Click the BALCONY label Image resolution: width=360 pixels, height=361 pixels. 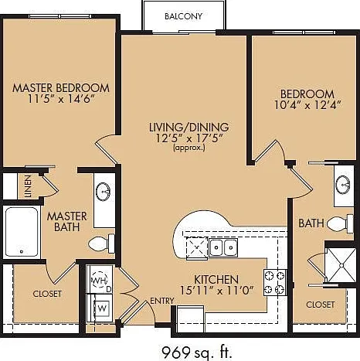click(183, 16)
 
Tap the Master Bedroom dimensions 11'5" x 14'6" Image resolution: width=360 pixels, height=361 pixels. click(61, 99)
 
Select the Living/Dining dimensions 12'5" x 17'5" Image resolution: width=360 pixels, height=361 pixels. click(189, 139)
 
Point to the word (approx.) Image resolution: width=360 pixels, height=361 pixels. click(189, 148)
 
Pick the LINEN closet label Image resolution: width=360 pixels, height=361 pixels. click(29, 186)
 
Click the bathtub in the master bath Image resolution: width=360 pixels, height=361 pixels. click(22, 232)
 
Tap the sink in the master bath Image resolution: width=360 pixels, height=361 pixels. click(104, 192)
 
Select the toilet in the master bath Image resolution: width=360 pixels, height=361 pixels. click(101, 244)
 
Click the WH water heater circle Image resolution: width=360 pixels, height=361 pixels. click(100, 281)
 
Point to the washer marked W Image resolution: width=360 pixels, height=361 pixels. click(102, 308)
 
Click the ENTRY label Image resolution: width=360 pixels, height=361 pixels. click(162, 301)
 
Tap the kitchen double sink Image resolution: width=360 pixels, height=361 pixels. click(223, 247)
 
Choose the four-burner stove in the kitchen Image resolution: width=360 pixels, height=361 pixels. click(275, 282)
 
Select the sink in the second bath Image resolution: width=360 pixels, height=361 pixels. click(344, 184)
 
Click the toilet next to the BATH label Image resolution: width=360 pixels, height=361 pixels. click(340, 223)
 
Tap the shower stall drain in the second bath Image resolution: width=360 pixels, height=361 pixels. click(341, 265)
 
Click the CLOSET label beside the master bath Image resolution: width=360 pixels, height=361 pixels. click(47, 294)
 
